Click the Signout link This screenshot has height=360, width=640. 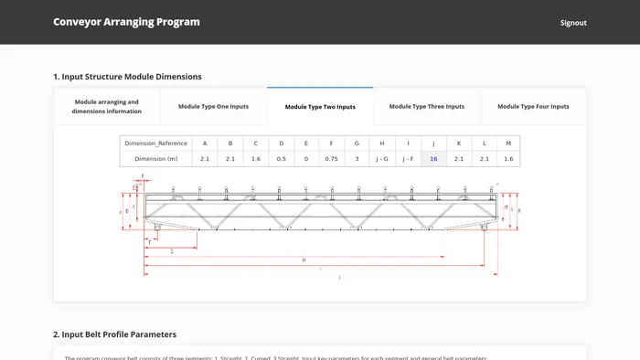pos(573,23)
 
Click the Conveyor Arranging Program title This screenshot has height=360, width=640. pos(126,22)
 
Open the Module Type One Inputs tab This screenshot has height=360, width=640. pos(213,107)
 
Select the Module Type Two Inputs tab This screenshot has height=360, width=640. pos(320,107)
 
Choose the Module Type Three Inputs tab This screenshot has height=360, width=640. pos(427,107)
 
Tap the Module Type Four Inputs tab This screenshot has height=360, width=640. pos(533,107)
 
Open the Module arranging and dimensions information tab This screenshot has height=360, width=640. pos(107,107)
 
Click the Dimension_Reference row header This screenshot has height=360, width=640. pos(156,143)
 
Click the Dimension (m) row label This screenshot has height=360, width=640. pos(156,159)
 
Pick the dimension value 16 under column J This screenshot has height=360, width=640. pos(433,159)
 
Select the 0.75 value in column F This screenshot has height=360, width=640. pos(331,159)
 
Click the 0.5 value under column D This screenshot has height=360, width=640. pos(281,159)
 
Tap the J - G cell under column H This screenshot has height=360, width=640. pos(382,159)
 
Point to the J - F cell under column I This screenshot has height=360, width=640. pos(408,159)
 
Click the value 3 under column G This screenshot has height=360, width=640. pos(357,159)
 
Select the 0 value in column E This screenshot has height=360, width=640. pos(306,159)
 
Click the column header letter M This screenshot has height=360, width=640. pos(508,143)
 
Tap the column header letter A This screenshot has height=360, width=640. pos(205,143)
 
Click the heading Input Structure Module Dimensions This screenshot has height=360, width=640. pos(127,77)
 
